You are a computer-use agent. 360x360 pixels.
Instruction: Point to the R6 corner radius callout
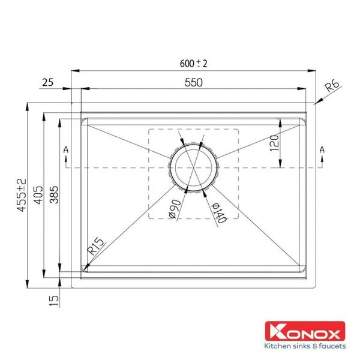tap(332, 87)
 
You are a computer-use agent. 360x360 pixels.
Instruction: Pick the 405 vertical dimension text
tap(38, 193)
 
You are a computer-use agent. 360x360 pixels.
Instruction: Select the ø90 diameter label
tap(173, 207)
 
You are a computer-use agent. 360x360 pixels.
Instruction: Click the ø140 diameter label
tap(217, 211)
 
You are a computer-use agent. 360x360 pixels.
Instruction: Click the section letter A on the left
tap(64, 149)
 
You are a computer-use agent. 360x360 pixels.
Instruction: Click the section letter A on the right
tap(322, 149)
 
